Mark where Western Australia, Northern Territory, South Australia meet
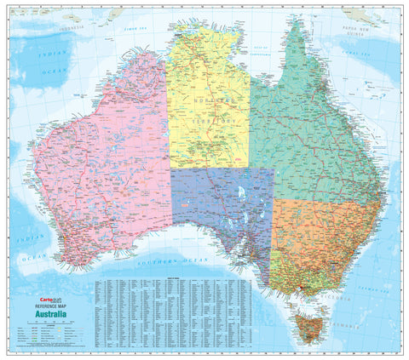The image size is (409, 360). (x=170, y=167)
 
